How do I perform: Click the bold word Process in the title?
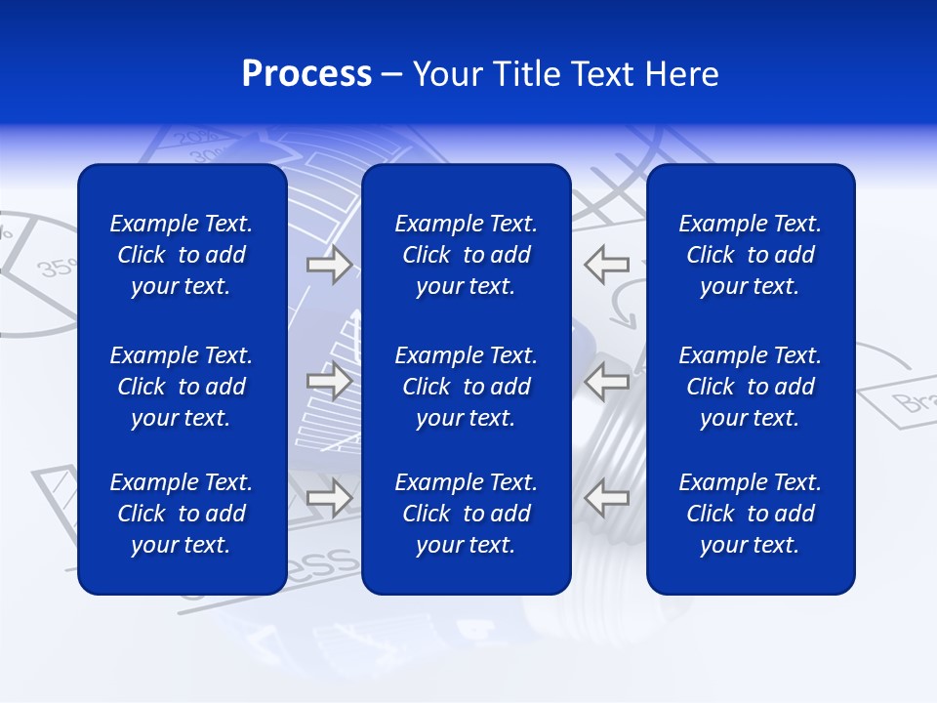(306, 74)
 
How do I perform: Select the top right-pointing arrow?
(329, 265)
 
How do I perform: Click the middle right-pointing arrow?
(329, 381)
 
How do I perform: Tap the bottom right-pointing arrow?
(329, 497)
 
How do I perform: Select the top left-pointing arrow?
(607, 265)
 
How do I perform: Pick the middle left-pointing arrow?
(607, 381)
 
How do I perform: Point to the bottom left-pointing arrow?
(607, 497)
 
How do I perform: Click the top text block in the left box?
(182, 255)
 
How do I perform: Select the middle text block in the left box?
(182, 387)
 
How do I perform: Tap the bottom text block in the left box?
(182, 514)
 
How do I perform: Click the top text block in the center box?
(467, 255)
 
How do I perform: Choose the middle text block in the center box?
(467, 387)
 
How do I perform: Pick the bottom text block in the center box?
(467, 514)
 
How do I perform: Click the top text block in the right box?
(751, 255)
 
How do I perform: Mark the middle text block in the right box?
(751, 387)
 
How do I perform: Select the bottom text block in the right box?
(751, 514)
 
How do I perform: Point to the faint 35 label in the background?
(54, 267)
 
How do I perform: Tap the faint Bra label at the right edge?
(913, 401)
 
